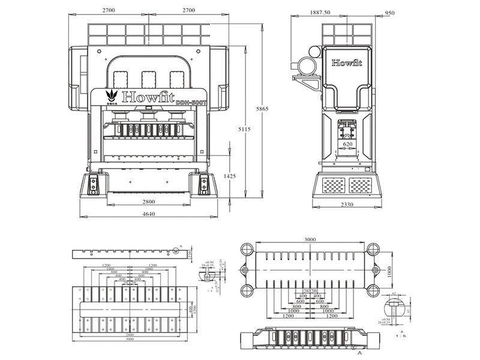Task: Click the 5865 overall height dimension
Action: [x=260, y=109]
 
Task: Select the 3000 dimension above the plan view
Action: [x=310, y=239]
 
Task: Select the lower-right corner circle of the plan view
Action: [x=373, y=291]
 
